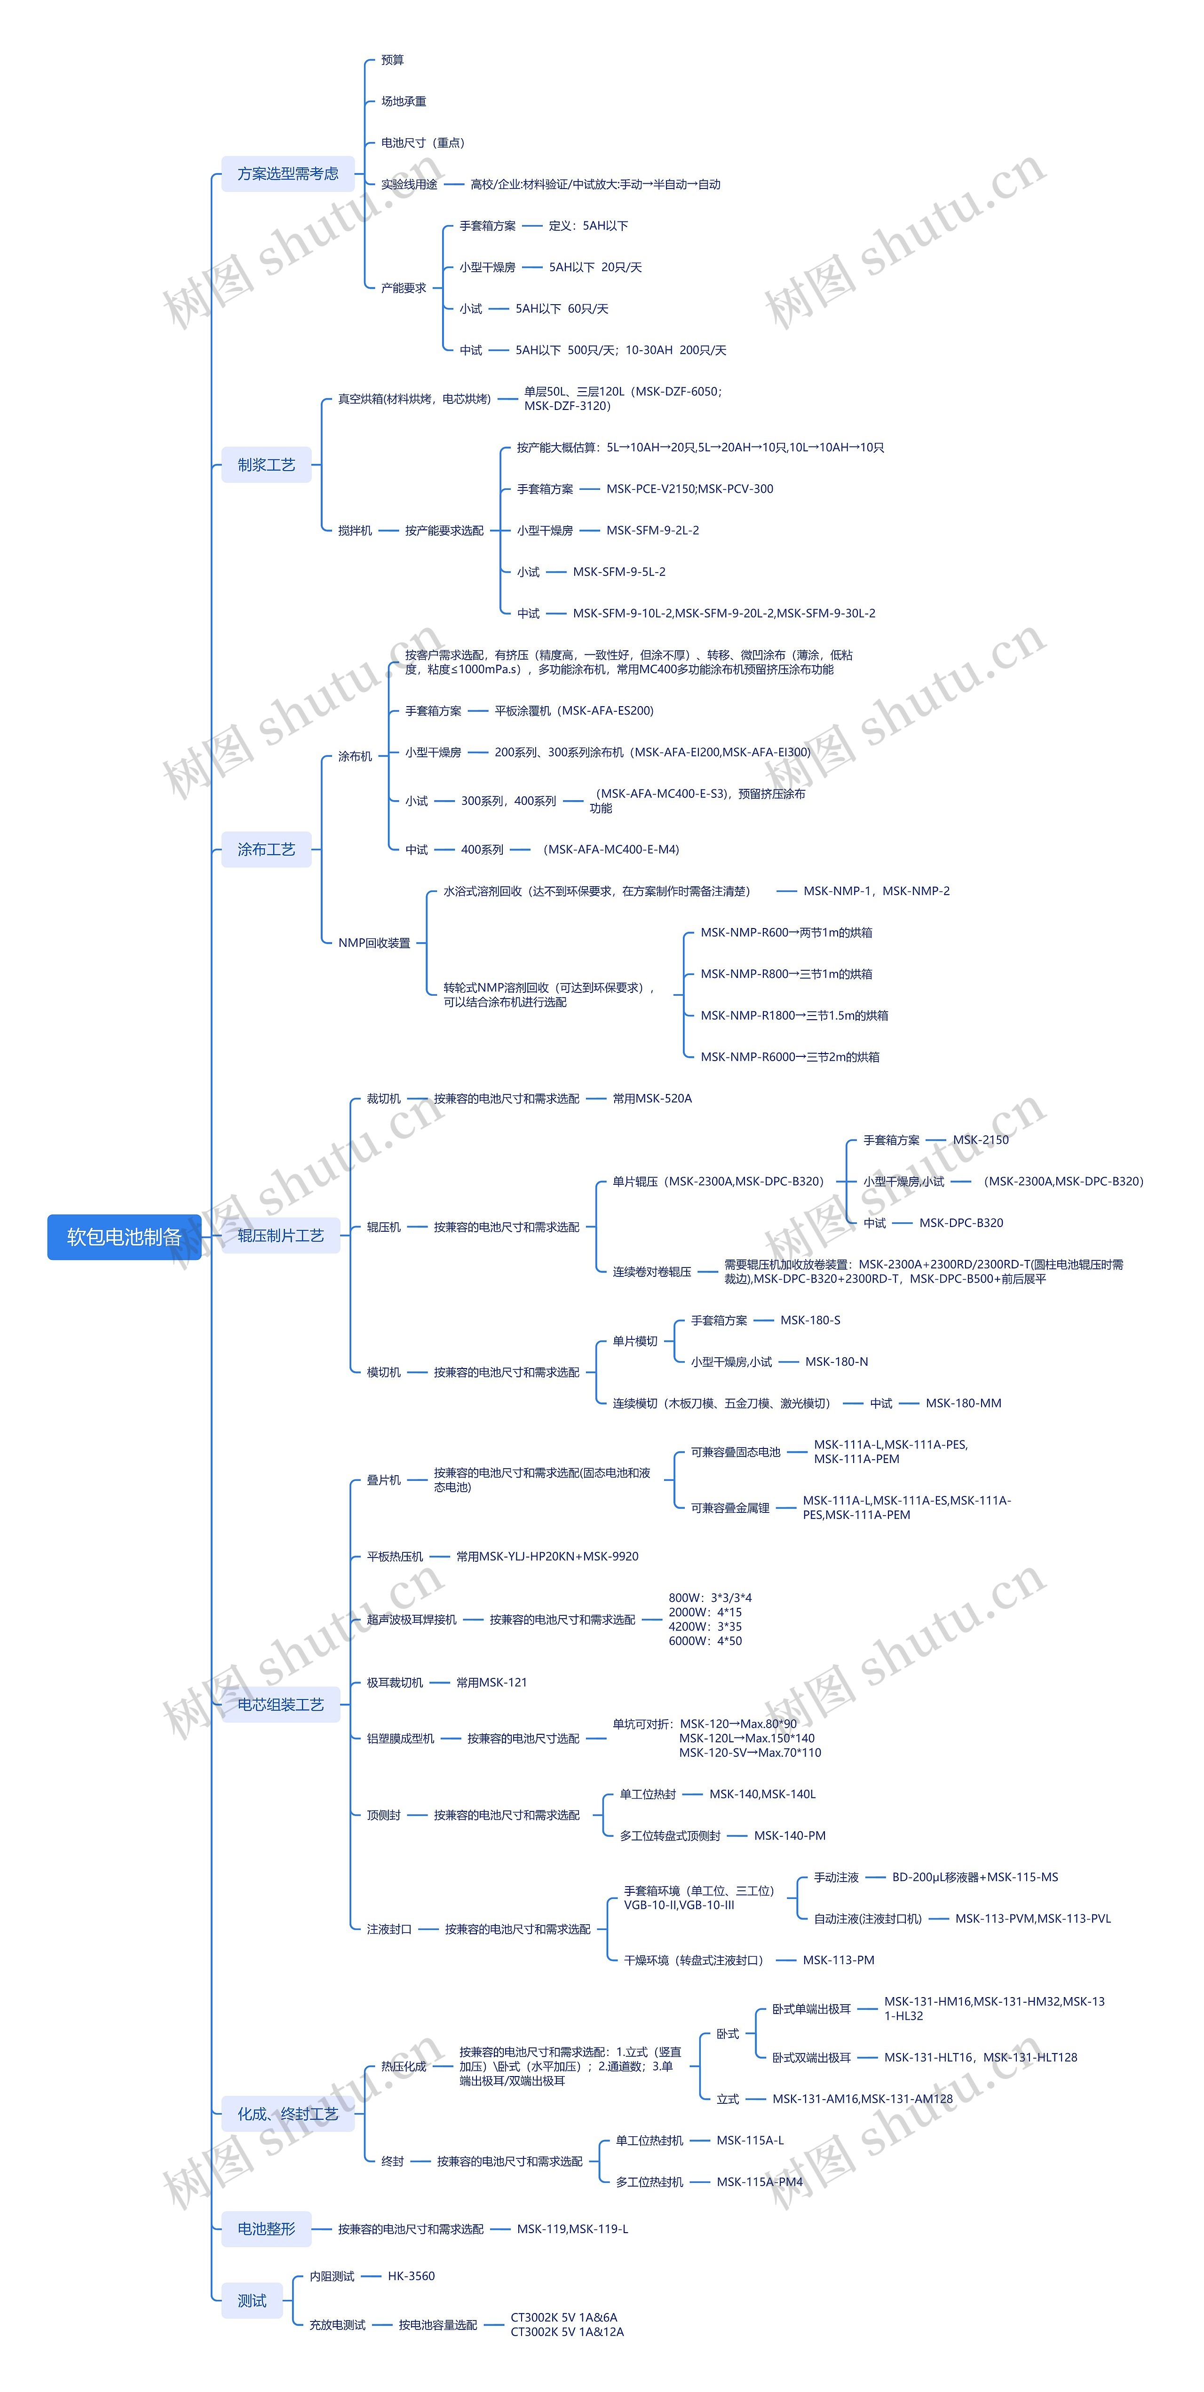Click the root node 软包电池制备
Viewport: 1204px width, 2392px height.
pyautogui.click(x=124, y=1237)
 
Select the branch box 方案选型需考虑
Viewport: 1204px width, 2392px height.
pyautogui.click(x=288, y=173)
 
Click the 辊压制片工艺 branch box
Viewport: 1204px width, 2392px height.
pyautogui.click(x=281, y=1235)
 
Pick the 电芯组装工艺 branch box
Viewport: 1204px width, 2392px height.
pyautogui.click(x=281, y=1704)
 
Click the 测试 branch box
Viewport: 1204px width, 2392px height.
pyautogui.click(x=252, y=2300)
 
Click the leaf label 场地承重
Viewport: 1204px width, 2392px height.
pyautogui.click(x=403, y=101)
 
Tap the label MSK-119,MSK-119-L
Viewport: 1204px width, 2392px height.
pyautogui.click(x=572, y=2228)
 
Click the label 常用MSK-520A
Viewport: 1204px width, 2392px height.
pyautogui.click(x=652, y=1099)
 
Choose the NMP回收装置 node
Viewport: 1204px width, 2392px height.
pyautogui.click(x=373, y=943)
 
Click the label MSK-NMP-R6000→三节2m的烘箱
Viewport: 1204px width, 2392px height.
pyautogui.click(x=790, y=1057)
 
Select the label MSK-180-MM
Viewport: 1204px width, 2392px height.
pyautogui.click(x=963, y=1403)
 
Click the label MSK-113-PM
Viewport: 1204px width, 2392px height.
pyautogui.click(x=838, y=1960)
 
